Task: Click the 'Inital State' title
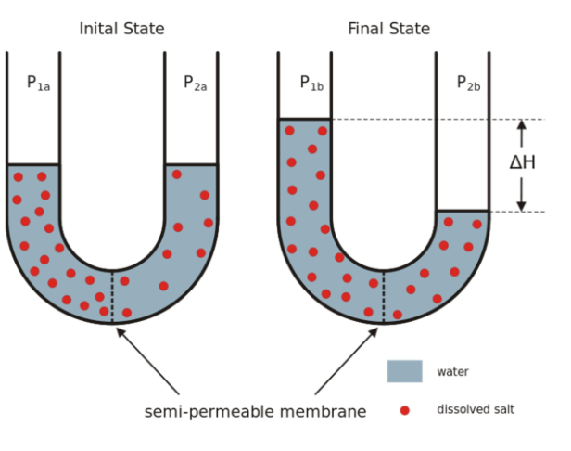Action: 121,29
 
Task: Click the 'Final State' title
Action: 388,29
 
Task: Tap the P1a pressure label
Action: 38,84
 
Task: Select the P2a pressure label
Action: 195,84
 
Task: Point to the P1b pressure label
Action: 311,83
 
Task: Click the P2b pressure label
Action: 468,83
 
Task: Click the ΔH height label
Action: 522,162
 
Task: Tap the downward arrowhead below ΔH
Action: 521,205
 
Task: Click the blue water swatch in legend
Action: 404,371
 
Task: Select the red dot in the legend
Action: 404,409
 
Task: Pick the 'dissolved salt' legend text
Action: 475,409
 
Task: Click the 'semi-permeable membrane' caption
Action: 255,411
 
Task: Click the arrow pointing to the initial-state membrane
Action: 148,362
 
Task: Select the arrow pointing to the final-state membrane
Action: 348,362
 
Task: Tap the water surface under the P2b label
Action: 463,212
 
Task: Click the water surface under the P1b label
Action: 305,120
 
